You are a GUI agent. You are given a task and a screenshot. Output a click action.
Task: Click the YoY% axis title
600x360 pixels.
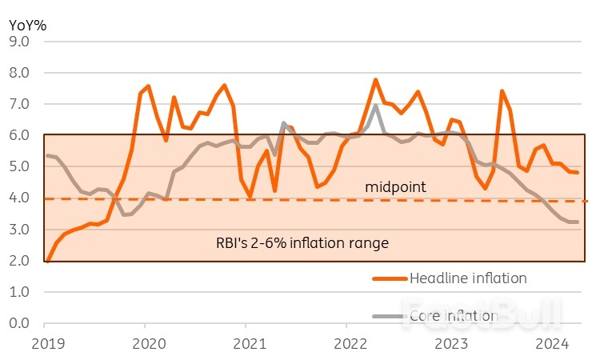(27, 25)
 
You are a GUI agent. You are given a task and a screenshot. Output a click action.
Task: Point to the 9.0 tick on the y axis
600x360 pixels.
(18, 42)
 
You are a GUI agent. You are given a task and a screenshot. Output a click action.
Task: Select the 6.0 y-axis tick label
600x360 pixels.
(18, 136)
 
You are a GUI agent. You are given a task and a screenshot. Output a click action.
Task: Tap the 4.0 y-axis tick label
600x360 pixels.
(18, 198)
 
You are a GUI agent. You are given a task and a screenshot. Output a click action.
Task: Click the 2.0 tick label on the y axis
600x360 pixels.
(18, 261)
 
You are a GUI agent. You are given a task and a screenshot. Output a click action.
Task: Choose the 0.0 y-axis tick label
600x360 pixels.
(18, 324)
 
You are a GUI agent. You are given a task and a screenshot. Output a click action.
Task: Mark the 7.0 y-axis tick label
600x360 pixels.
(18, 105)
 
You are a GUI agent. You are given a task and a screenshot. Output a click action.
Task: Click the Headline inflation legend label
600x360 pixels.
(468, 278)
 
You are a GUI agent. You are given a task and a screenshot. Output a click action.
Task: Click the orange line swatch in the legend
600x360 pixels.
(390, 278)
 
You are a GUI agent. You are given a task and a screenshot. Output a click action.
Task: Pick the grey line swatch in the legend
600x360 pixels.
(390, 316)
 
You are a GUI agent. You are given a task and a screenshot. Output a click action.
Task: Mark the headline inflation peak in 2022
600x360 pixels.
(375, 80)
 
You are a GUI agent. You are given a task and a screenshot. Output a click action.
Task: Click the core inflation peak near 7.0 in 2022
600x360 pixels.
(375, 106)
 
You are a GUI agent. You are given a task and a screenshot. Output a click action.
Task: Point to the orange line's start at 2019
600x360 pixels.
(46, 261)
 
